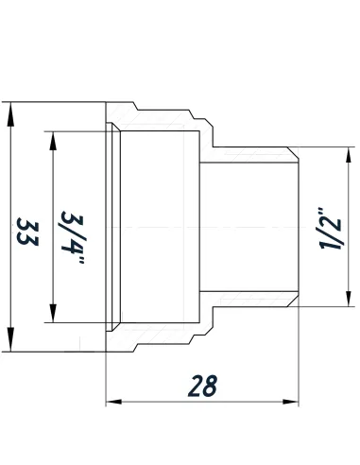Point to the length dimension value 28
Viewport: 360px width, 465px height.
(202, 387)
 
